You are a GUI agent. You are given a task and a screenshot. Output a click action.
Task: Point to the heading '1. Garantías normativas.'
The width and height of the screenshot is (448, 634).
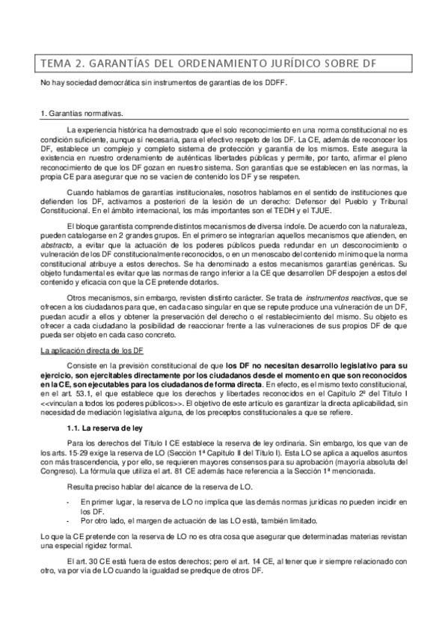pos(80,113)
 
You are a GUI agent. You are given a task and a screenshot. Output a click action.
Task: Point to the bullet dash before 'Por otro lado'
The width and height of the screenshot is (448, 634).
pos(68,520)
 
